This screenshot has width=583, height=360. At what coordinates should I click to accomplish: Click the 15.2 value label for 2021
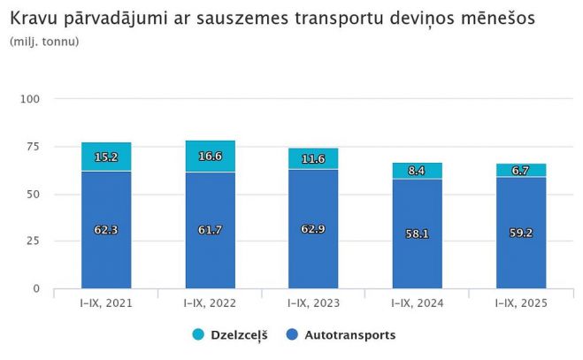pyautogui.click(x=106, y=157)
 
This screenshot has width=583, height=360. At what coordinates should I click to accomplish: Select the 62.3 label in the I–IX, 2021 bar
pyautogui.click(x=106, y=230)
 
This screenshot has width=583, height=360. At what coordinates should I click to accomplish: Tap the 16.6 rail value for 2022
pyautogui.click(x=210, y=156)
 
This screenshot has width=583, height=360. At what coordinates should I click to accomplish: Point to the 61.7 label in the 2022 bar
pyautogui.click(x=210, y=230)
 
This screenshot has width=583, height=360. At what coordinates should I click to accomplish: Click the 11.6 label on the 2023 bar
pyautogui.click(x=313, y=159)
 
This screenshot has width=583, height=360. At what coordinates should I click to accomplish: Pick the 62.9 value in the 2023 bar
pyautogui.click(x=313, y=230)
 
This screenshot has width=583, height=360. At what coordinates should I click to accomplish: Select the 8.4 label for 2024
pyautogui.click(x=417, y=171)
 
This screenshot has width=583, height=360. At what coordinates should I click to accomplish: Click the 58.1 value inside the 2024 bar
pyautogui.click(x=417, y=234)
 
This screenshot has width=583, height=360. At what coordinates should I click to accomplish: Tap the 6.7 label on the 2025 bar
pyautogui.click(x=520, y=171)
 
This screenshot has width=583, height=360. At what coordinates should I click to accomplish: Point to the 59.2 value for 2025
pyautogui.click(x=520, y=234)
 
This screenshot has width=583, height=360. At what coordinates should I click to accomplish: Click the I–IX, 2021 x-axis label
pyautogui.click(x=106, y=303)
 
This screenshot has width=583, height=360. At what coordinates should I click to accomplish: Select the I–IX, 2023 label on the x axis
pyautogui.click(x=313, y=303)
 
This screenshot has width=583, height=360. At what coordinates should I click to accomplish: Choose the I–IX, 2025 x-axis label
pyautogui.click(x=520, y=303)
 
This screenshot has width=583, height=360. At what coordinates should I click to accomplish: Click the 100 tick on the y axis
pyautogui.click(x=30, y=99)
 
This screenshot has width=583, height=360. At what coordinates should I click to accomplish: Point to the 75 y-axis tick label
pyautogui.click(x=34, y=147)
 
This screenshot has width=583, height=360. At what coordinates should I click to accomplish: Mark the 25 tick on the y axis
pyautogui.click(x=34, y=241)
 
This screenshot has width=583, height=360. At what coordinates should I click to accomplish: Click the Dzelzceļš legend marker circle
pyautogui.click(x=197, y=335)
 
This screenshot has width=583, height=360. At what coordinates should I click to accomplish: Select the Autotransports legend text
pyautogui.click(x=349, y=335)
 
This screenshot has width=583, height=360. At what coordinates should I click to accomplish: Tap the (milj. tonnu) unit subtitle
pyautogui.click(x=44, y=42)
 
